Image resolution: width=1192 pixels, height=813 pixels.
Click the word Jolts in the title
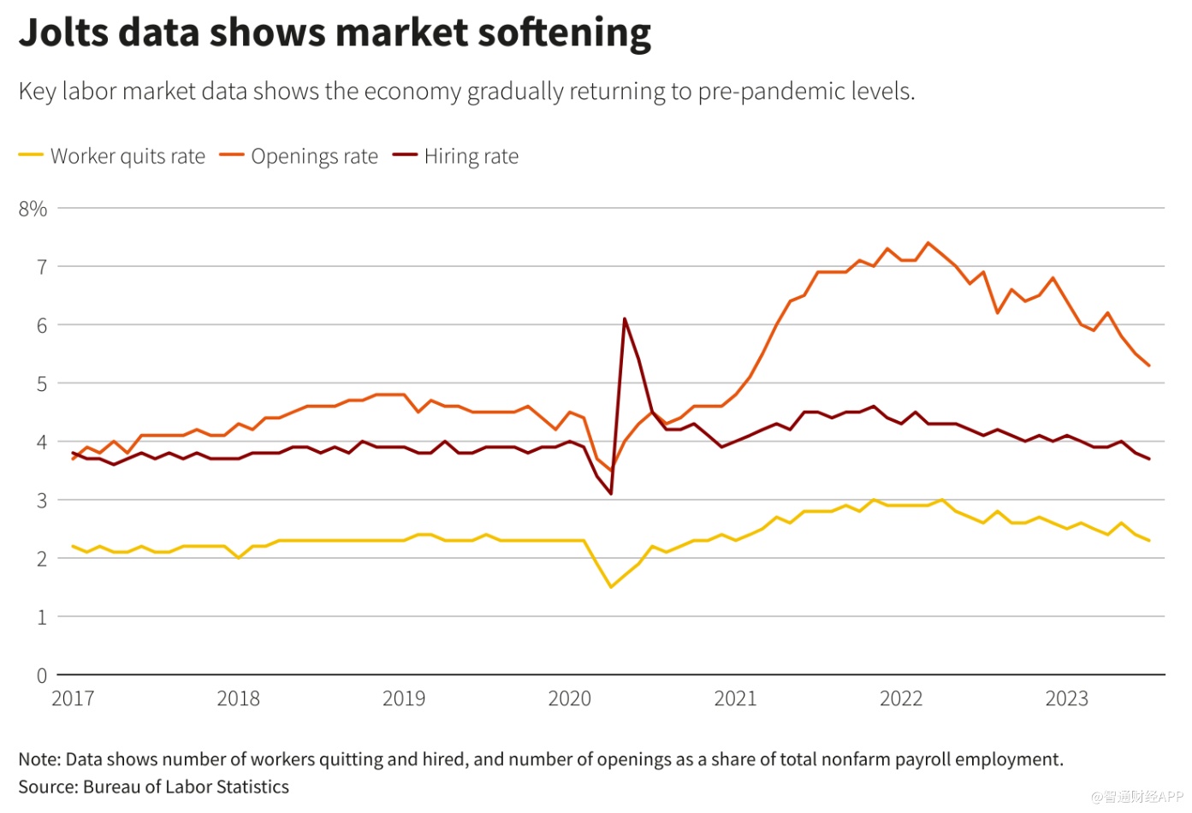(62, 33)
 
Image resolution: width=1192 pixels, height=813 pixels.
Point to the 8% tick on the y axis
(33, 209)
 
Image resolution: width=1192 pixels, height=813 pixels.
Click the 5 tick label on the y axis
(41, 384)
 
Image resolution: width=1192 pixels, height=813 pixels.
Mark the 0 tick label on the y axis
(41, 676)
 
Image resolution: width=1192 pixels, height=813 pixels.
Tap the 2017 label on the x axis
(73, 698)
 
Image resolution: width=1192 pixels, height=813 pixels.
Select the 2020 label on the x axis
(569, 698)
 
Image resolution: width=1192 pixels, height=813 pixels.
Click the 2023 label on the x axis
(1066, 698)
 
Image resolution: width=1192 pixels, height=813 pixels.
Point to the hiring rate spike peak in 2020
(625, 318)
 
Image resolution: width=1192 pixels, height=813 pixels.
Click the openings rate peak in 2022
(928, 243)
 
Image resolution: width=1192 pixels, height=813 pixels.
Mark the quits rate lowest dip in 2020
(611, 586)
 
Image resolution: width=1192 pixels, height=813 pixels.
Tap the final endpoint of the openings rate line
(1148, 365)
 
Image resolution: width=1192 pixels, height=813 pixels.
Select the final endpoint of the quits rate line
(1148, 540)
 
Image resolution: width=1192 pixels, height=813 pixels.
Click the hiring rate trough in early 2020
(611, 494)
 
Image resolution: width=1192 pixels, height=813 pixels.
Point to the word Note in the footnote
(39, 759)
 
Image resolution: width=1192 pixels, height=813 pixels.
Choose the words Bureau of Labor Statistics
(186, 786)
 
